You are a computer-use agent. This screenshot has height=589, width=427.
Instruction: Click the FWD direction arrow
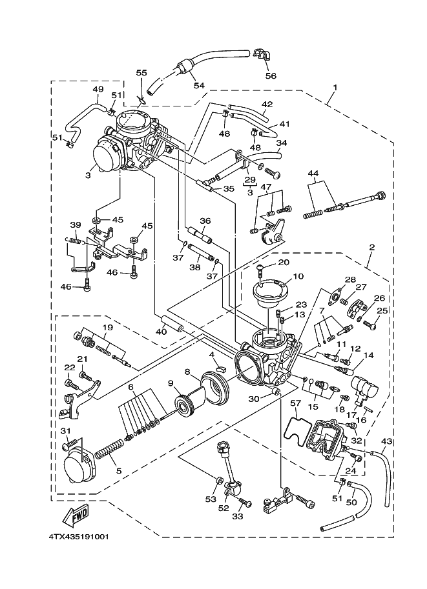coord(75,516)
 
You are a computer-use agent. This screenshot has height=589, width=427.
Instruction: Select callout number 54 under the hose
coord(198,85)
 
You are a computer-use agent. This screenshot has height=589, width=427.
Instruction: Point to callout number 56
coord(271,75)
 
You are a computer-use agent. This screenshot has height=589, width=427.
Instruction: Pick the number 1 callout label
coord(335,87)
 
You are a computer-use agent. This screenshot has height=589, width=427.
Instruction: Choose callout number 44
coord(313,174)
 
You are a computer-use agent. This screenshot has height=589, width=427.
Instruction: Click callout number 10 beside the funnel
coord(298,276)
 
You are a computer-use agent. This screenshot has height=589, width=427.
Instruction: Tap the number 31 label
coord(65,431)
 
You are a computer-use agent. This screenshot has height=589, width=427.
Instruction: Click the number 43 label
coord(387,441)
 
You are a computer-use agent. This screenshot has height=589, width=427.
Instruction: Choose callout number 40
coord(161,332)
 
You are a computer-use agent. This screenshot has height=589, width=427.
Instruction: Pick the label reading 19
coord(108,328)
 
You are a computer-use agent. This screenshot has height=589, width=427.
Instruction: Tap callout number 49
coord(98,89)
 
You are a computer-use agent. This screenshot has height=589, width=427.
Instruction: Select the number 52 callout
coord(224,507)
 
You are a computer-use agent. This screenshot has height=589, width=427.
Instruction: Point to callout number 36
coord(205,221)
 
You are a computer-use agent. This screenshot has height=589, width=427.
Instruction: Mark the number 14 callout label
coord(369,355)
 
